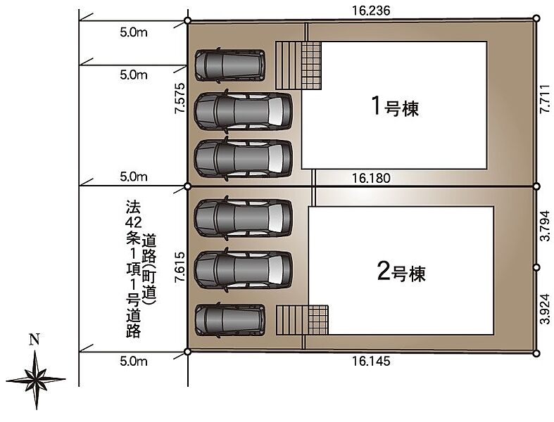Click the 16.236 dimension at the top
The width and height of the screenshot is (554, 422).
point(371,11)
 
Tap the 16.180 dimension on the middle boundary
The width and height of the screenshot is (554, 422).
point(371,178)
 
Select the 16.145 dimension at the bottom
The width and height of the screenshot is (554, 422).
point(371,361)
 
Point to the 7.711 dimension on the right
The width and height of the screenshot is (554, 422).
point(545,98)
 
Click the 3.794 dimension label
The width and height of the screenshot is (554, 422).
point(545,226)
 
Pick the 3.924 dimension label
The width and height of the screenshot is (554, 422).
point(545,309)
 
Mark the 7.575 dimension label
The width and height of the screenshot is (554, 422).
point(180,98)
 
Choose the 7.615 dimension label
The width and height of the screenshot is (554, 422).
point(180,267)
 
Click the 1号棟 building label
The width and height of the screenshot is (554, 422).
point(395,107)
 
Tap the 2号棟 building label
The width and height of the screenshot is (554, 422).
point(401,273)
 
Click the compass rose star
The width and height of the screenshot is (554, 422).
point(36,380)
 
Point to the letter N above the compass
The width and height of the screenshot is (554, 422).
point(34,340)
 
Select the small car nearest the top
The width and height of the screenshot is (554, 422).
point(230,65)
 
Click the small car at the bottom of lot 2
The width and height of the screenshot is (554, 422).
point(230,320)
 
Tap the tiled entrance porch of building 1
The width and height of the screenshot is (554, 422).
point(311,65)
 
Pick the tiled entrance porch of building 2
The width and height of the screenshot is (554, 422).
point(318,320)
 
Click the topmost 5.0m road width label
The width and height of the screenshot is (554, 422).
point(134,32)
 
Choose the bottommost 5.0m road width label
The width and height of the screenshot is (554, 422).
point(134,362)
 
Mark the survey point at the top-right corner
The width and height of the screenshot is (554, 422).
point(536,18)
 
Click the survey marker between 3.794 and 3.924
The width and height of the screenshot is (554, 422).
point(536,268)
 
